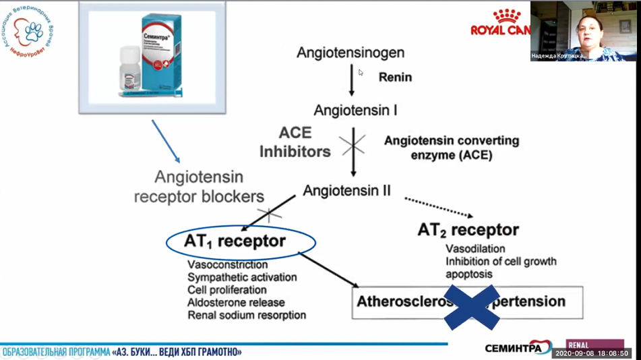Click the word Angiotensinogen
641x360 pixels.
pos(350,52)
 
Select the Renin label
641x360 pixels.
pos(395,77)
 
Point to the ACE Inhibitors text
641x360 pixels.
pos(295,142)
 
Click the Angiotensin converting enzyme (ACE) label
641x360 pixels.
pos(452,148)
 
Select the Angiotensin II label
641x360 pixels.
pos(346,190)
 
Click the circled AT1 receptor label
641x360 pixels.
pos(235,241)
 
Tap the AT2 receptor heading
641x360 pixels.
pos(468,230)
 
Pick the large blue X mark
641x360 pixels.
pos(476,305)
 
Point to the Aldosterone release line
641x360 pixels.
pos(236,303)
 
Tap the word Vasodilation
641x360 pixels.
pos(475,249)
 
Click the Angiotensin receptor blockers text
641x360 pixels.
pos(198,187)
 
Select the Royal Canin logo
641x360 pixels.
pos(500,23)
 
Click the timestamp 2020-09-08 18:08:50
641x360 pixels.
pos(590,353)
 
